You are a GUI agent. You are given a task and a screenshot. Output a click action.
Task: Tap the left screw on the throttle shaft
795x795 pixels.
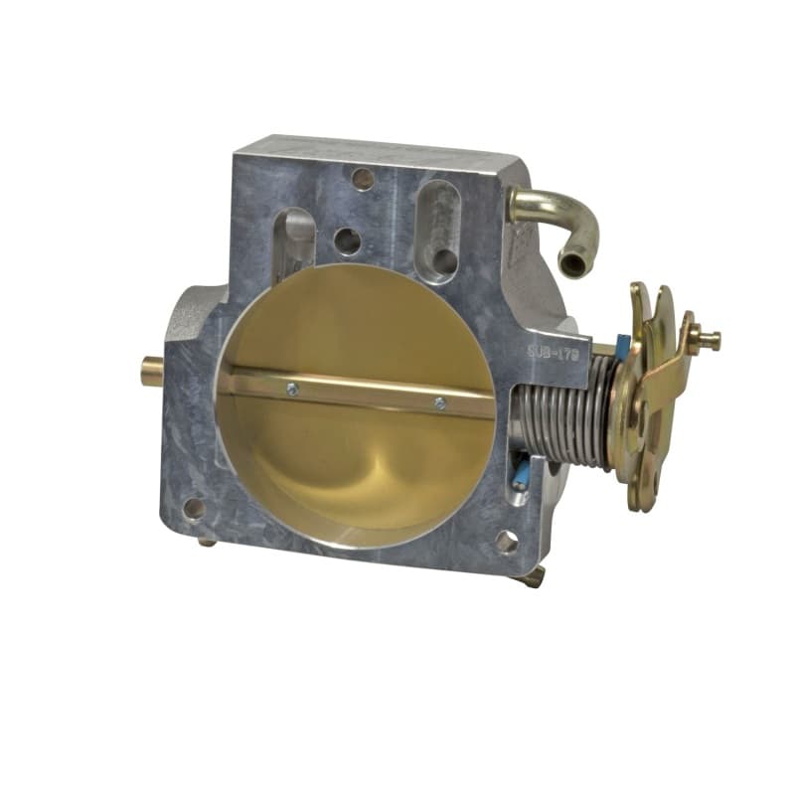[x=291, y=390]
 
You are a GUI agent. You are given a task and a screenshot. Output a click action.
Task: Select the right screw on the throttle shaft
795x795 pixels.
[x=439, y=402]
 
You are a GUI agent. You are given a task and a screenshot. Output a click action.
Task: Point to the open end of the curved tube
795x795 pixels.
[x=573, y=263]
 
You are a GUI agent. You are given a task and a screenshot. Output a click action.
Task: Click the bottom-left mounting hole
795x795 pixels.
[x=194, y=508]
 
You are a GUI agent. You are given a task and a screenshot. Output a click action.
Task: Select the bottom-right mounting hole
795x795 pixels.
[x=506, y=542]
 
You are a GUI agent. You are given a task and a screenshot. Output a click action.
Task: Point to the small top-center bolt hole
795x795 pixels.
[x=365, y=179]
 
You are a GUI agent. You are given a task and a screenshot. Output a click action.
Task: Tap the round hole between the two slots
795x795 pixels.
[x=347, y=240]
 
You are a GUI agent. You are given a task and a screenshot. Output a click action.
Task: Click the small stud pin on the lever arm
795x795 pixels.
[x=708, y=339]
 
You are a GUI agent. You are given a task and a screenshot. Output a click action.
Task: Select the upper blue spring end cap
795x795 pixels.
[x=622, y=347]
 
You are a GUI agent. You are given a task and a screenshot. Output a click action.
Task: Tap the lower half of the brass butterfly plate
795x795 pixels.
[x=358, y=467]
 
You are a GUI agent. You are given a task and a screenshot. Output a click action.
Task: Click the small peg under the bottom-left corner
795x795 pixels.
[x=207, y=542]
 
